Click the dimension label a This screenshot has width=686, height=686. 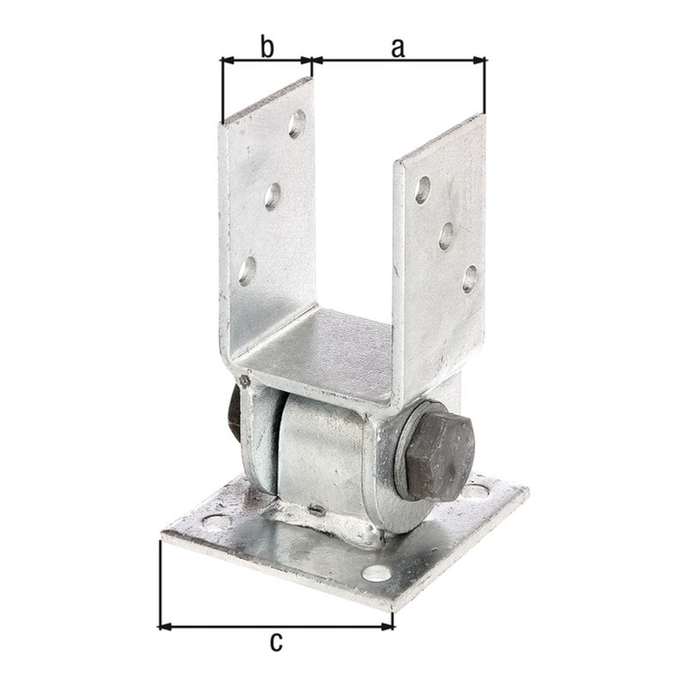pos(397,48)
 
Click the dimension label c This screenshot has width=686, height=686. pos(275,641)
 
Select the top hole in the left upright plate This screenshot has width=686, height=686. pos(297,124)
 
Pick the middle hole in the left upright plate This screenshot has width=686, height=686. pos(272,196)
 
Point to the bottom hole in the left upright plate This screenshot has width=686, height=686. pos(247,271)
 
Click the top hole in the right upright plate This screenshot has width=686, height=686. pos(422,190)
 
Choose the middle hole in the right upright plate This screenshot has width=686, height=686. pos(446,237)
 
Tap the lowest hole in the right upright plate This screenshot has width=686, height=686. pos(469,280)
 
